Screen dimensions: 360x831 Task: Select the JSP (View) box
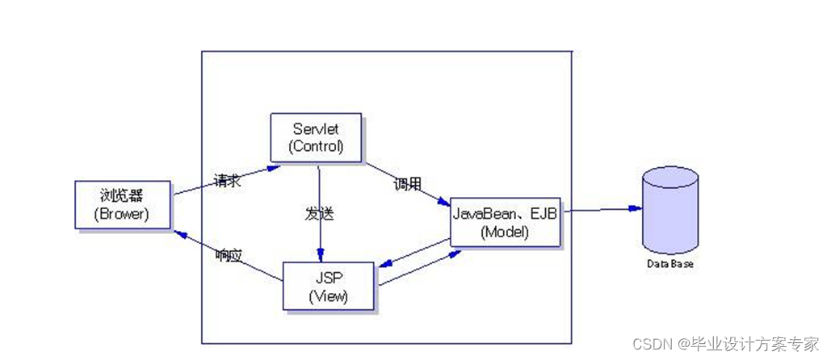point(328,286)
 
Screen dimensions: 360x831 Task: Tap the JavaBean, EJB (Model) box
point(506,221)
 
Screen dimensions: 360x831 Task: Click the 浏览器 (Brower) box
point(121,205)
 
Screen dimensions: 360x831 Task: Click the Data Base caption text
point(669,264)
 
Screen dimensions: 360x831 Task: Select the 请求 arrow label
point(227,181)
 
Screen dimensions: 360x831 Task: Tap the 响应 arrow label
point(229,255)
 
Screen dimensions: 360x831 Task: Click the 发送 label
point(319,215)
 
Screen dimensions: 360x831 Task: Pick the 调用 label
point(407,185)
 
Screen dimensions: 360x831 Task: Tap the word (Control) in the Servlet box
point(317,147)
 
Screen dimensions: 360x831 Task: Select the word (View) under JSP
point(328,295)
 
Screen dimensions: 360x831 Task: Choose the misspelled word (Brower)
point(121,215)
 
